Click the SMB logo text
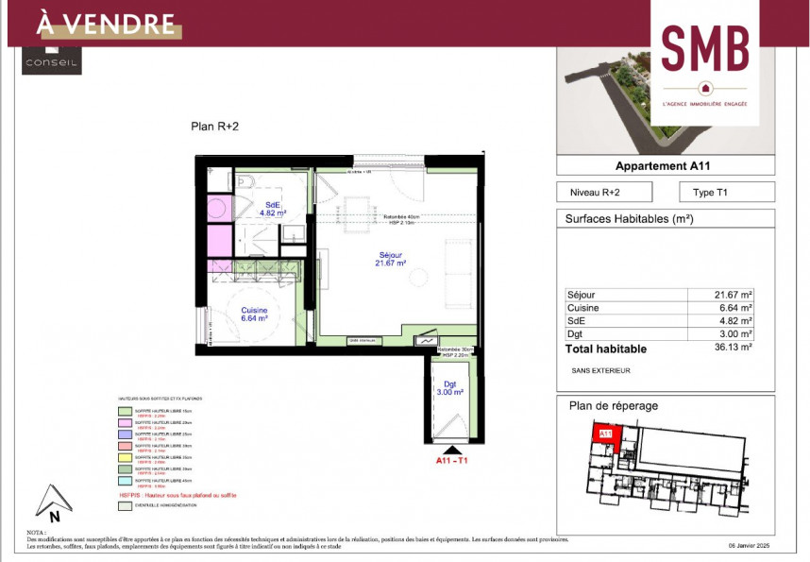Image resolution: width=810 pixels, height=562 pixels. pyautogui.click(x=705, y=47)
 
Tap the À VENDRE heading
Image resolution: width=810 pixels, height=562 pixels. pyautogui.click(x=106, y=24)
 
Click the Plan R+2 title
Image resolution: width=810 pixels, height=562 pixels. pyautogui.click(x=215, y=126)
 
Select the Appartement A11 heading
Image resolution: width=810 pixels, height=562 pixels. pyautogui.click(x=662, y=165)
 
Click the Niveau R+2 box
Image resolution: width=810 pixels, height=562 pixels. pyautogui.click(x=596, y=192)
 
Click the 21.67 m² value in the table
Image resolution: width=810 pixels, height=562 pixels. pyautogui.click(x=734, y=295)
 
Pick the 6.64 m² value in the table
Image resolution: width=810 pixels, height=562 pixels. pyautogui.click(x=735, y=308)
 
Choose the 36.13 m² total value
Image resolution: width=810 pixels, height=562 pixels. pyautogui.click(x=734, y=348)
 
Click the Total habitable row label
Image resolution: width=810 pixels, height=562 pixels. pyautogui.click(x=606, y=349)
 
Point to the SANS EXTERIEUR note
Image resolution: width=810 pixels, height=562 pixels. pyautogui.click(x=600, y=370)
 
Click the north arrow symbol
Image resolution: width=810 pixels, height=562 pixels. pyautogui.click(x=53, y=501)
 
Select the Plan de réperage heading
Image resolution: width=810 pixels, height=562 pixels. pyautogui.click(x=614, y=406)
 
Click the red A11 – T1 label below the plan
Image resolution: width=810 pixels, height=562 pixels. pyautogui.click(x=451, y=461)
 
